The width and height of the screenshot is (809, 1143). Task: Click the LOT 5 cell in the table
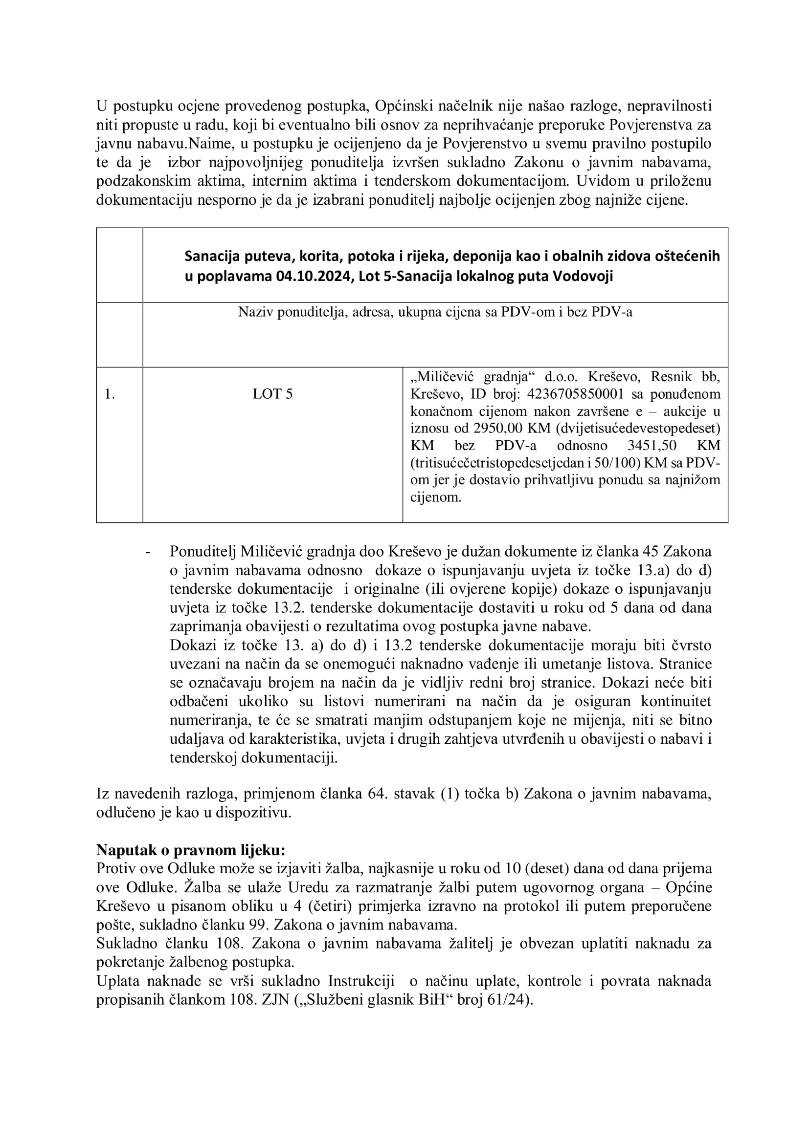(272, 394)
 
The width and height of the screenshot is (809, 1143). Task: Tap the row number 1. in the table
(110, 394)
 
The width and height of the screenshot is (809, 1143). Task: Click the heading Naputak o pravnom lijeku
(191, 850)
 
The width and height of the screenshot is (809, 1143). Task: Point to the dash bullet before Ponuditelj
(148, 552)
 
